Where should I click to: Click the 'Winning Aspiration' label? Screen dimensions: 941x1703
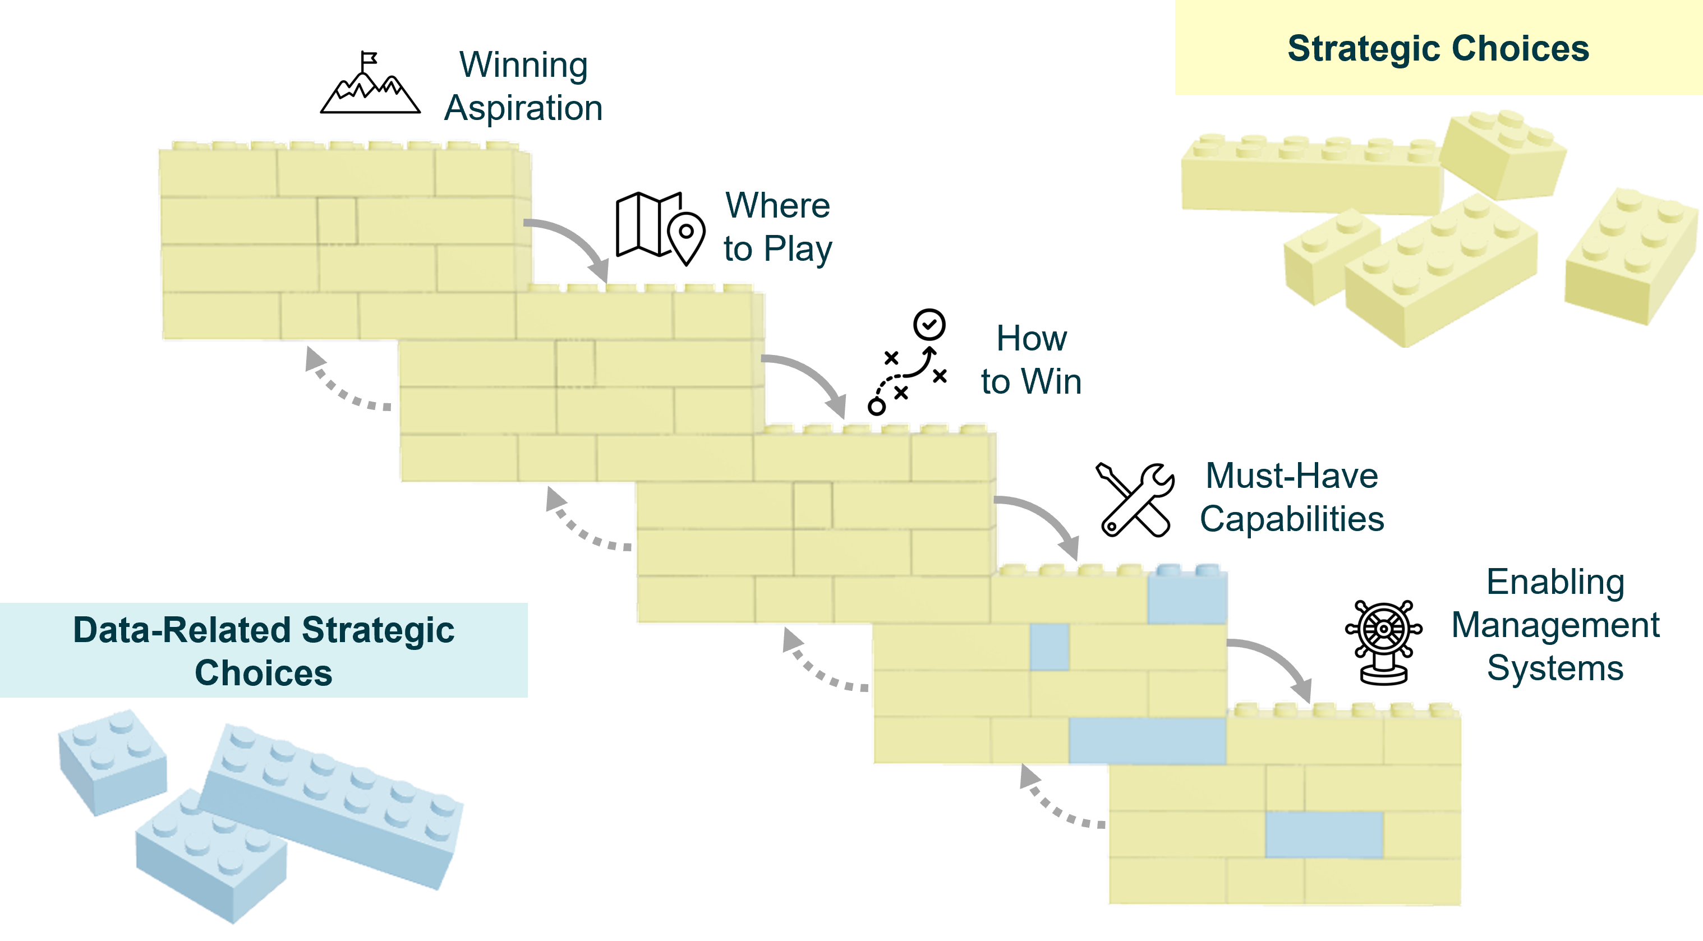[x=523, y=86]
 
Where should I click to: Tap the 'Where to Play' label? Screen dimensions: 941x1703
[x=777, y=227]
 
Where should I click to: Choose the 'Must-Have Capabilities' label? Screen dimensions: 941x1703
[x=1292, y=497]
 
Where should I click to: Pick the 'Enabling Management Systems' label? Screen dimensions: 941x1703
[x=1555, y=625]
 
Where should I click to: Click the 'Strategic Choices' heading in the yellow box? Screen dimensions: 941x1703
[x=1438, y=48]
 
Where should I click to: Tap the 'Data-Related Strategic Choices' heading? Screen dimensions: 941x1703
[x=263, y=651]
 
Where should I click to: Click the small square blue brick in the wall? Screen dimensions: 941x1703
[x=1049, y=646]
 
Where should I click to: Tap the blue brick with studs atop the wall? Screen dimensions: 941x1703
[x=1188, y=595]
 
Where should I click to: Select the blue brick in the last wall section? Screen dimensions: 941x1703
[x=1324, y=834]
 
